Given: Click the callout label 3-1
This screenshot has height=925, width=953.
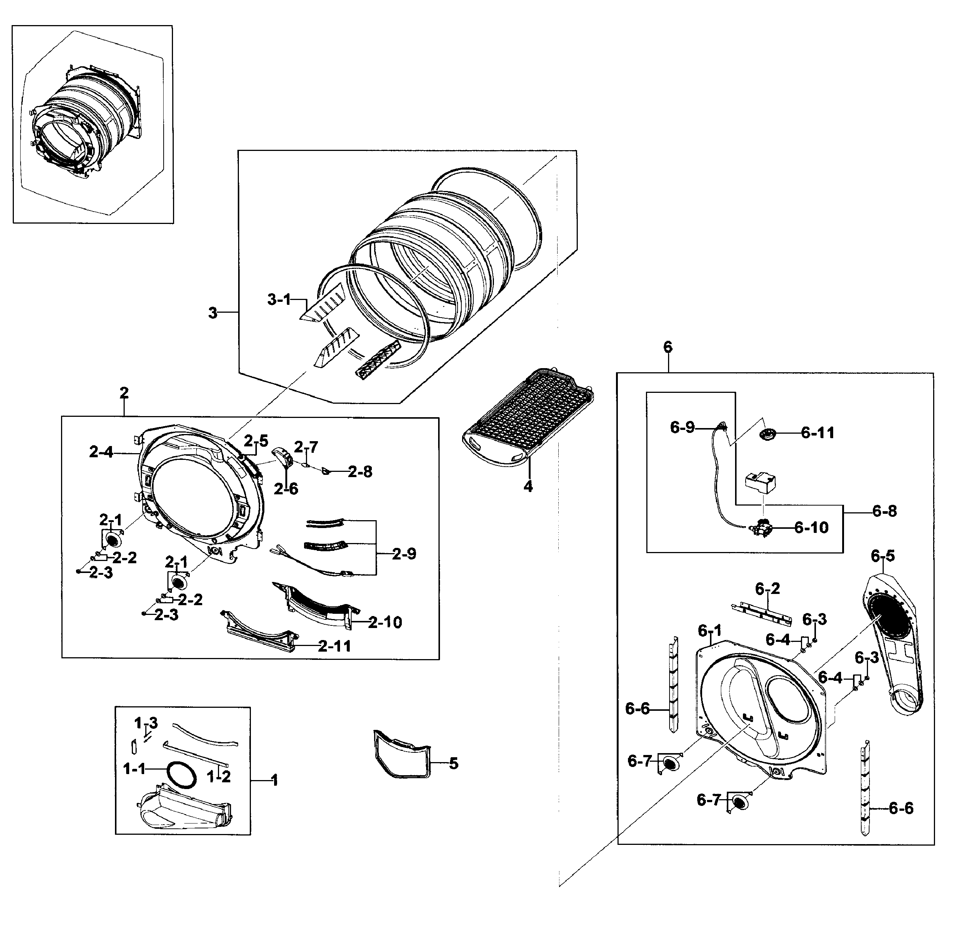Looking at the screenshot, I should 279,300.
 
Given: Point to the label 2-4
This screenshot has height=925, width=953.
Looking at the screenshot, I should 101,452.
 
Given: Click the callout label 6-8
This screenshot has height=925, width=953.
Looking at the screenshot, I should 884,511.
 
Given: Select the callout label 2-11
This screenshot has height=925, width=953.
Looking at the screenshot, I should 334,646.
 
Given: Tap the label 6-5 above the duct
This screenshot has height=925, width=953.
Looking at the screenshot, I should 883,556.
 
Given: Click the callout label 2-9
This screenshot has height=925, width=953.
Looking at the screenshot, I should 404,554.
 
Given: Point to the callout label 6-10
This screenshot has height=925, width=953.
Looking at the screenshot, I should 811,528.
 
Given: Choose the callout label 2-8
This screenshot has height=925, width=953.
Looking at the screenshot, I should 360,472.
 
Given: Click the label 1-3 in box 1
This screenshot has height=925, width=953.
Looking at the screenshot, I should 146,724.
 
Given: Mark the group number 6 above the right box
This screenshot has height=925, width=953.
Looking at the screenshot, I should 668,347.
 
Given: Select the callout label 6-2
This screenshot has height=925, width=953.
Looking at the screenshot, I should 767,589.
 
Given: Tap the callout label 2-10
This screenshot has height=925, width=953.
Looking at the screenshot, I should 385,622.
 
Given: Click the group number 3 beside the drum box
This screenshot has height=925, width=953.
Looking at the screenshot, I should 212,313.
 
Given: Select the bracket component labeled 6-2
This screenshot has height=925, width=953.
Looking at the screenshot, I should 761,614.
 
